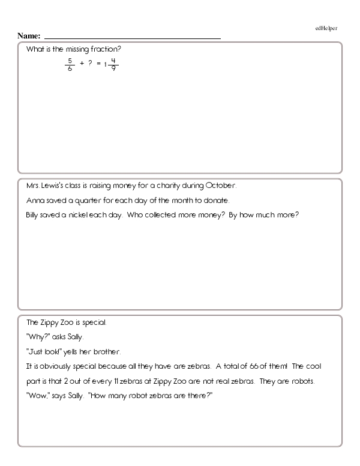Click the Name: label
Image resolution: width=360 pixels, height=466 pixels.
(x=29, y=36)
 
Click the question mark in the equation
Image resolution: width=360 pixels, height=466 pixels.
(x=89, y=63)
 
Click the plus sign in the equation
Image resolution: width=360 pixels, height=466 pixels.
(x=81, y=63)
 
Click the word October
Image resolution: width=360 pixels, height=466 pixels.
(x=224, y=185)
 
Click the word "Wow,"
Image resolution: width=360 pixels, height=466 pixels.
(x=38, y=396)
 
